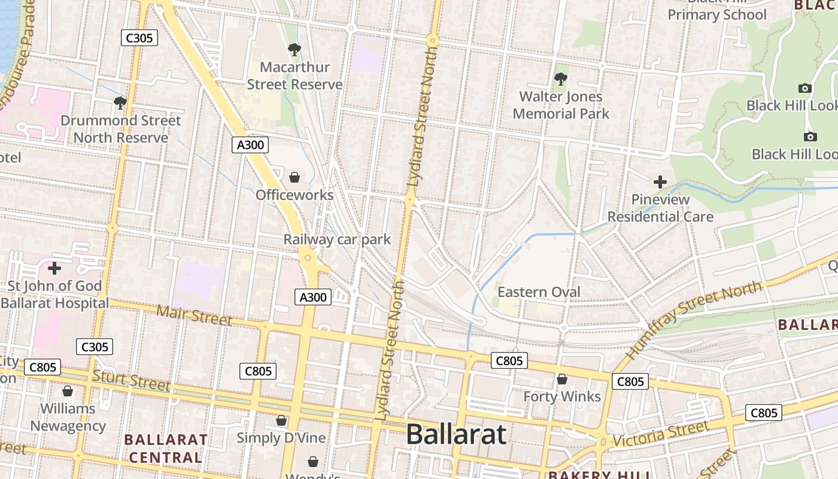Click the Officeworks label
pyautogui.click(x=294, y=195)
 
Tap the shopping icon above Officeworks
pyautogui.click(x=294, y=177)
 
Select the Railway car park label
pyautogui.click(x=337, y=239)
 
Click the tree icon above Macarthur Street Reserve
pyautogui.click(x=294, y=50)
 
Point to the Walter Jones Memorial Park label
pyautogui.click(x=561, y=105)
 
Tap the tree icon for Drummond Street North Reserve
pyautogui.click(x=120, y=103)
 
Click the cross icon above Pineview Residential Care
pyautogui.click(x=660, y=182)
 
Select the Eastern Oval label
pyautogui.click(x=539, y=292)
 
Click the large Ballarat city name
pyautogui.click(x=456, y=434)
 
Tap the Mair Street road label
pyautogui.click(x=194, y=314)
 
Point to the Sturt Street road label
pyautogui.click(x=131, y=380)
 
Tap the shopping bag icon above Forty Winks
pyautogui.click(x=562, y=379)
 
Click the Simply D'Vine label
pyautogui.click(x=281, y=438)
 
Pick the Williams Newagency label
pyautogui.click(x=68, y=417)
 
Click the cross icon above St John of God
pyautogui.click(x=54, y=268)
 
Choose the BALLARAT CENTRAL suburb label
pyautogui.click(x=165, y=448)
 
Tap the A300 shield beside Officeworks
pyautogui.click(x=250, y=144)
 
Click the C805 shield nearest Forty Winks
pyautogui.click(x=509, y=360)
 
